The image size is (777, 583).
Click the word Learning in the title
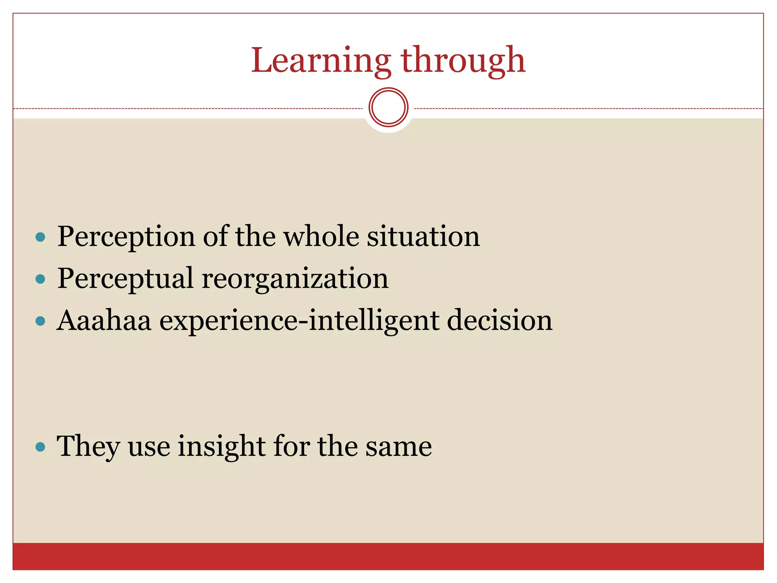pyautogui.click(x=321, y=61)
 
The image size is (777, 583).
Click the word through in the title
pyautogui.click(x=463, y=61)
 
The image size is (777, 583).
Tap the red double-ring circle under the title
pyautogui.click(x=388, y=107)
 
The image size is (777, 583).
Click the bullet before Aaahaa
pyautogui.click(x=40, y=321)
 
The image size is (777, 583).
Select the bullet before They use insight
pyautogui.click(x=40, y=447)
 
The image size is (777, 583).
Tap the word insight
pyautogui.click(x=222, y=446)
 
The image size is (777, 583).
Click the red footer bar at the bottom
pyautogui.click(x=388, y=556)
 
